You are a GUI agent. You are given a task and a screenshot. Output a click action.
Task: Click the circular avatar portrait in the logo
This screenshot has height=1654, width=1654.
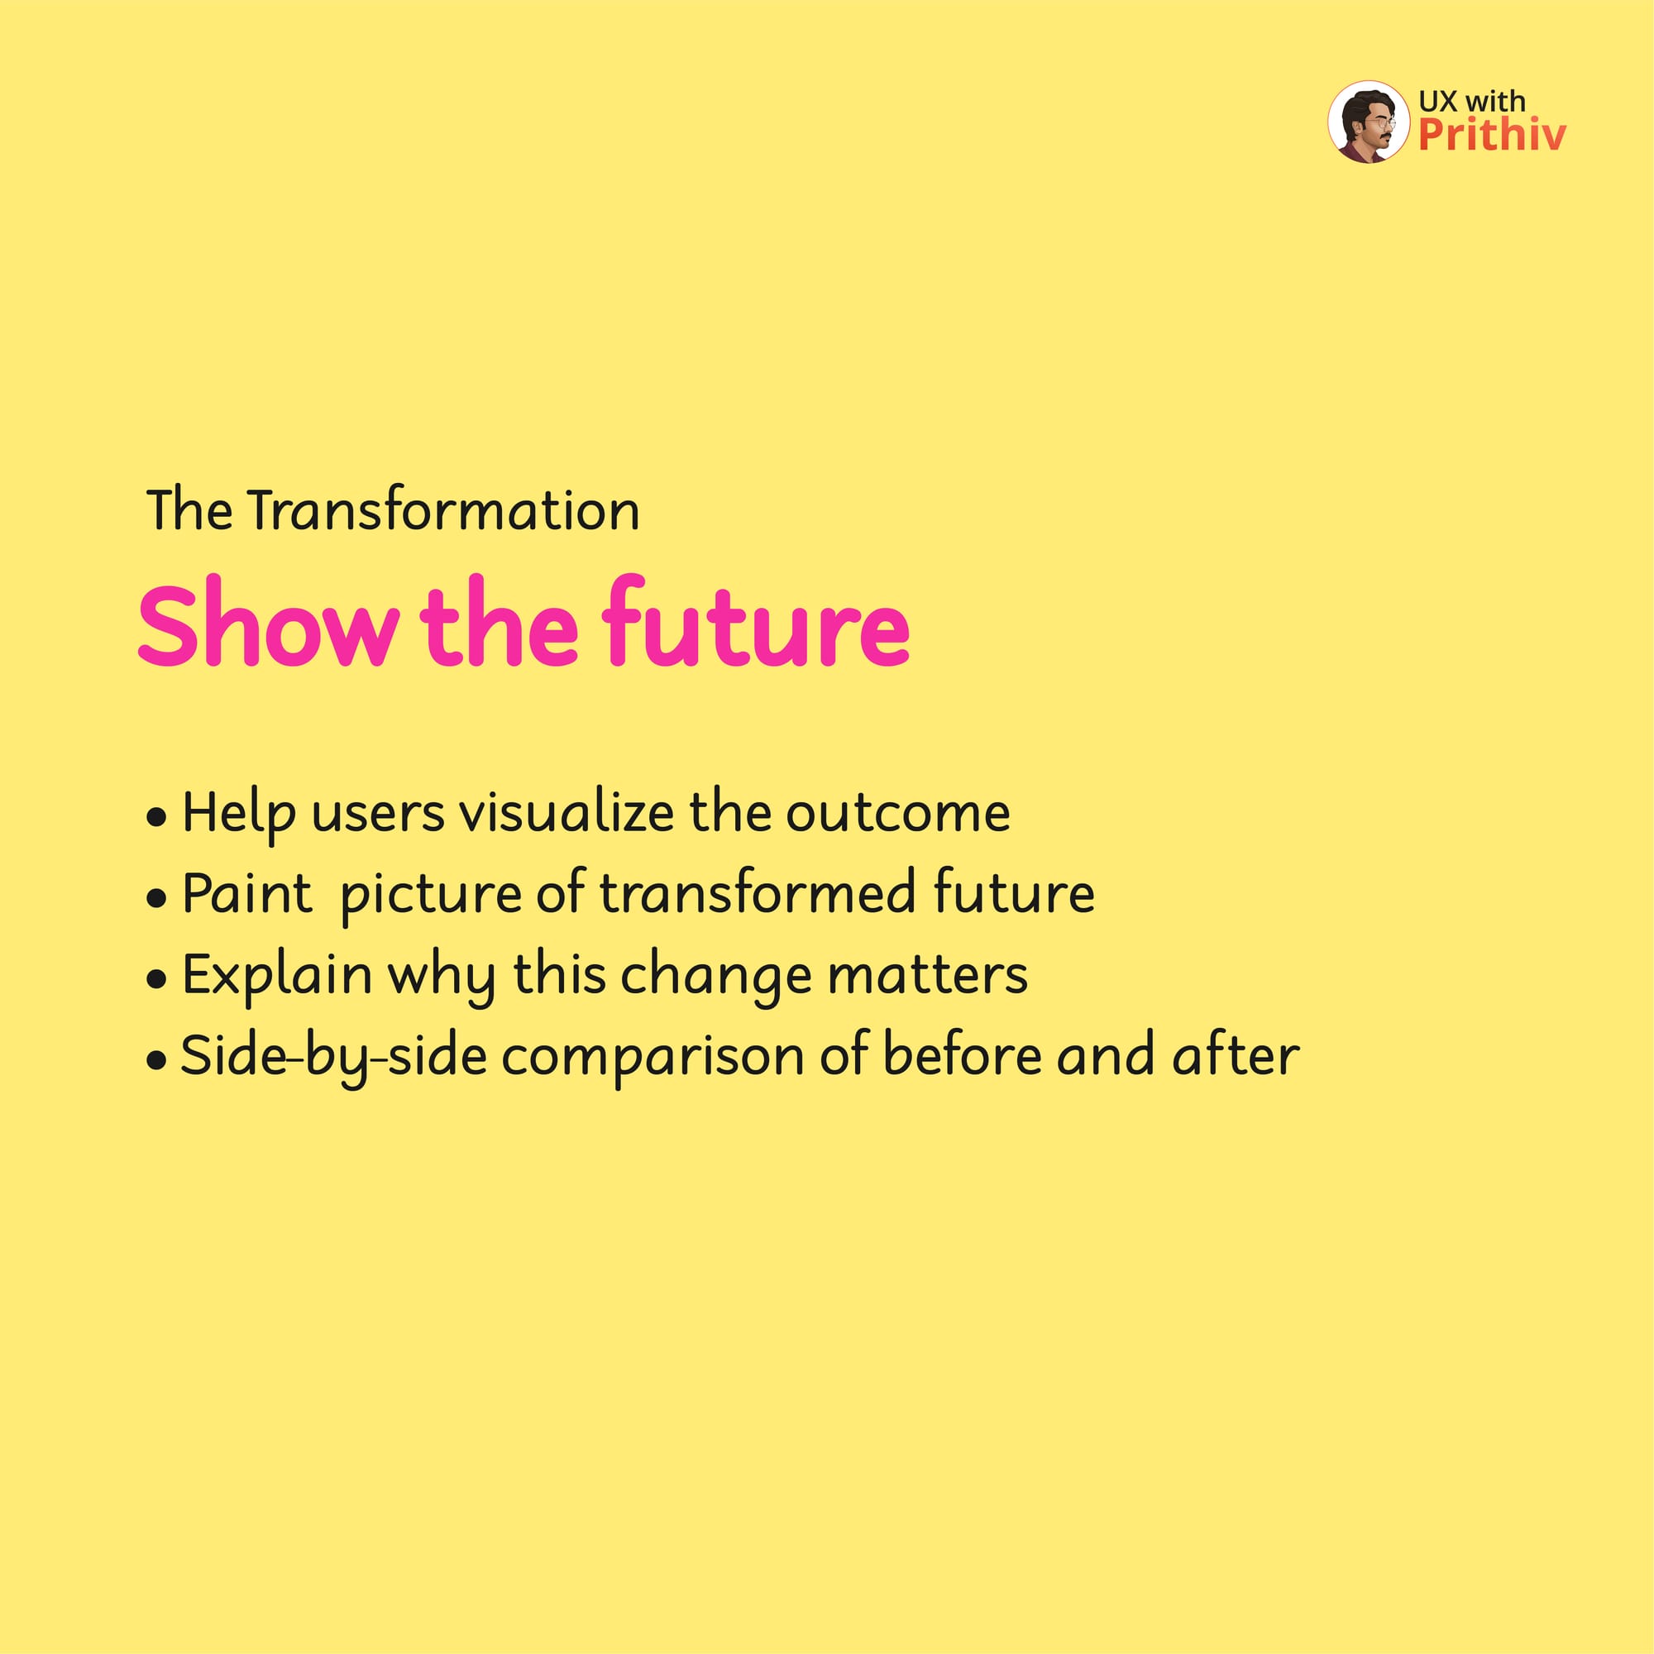[x=1368, y=122]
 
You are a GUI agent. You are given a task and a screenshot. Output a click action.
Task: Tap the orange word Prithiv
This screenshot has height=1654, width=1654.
[x=1492, y=135]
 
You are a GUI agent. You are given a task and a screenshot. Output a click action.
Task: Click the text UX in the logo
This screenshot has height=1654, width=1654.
[x=1437, y=101]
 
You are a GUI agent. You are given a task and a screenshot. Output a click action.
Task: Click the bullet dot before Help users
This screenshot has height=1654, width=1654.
[x=155, y=818]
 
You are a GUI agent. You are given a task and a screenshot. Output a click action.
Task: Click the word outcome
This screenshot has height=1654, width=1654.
[x=898, y=812]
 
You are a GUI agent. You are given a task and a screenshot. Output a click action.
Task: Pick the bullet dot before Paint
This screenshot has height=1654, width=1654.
[x=155, y=899]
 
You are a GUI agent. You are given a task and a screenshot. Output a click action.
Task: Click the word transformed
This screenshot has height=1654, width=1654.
[x=758, y=892]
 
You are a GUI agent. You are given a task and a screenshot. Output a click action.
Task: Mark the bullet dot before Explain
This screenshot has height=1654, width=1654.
[x=155, y=979]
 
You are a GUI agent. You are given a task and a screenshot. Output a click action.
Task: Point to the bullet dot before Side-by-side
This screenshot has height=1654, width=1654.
[x=155, y=1061]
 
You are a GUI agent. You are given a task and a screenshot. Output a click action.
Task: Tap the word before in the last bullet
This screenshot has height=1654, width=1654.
[x=963, y=1054]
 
